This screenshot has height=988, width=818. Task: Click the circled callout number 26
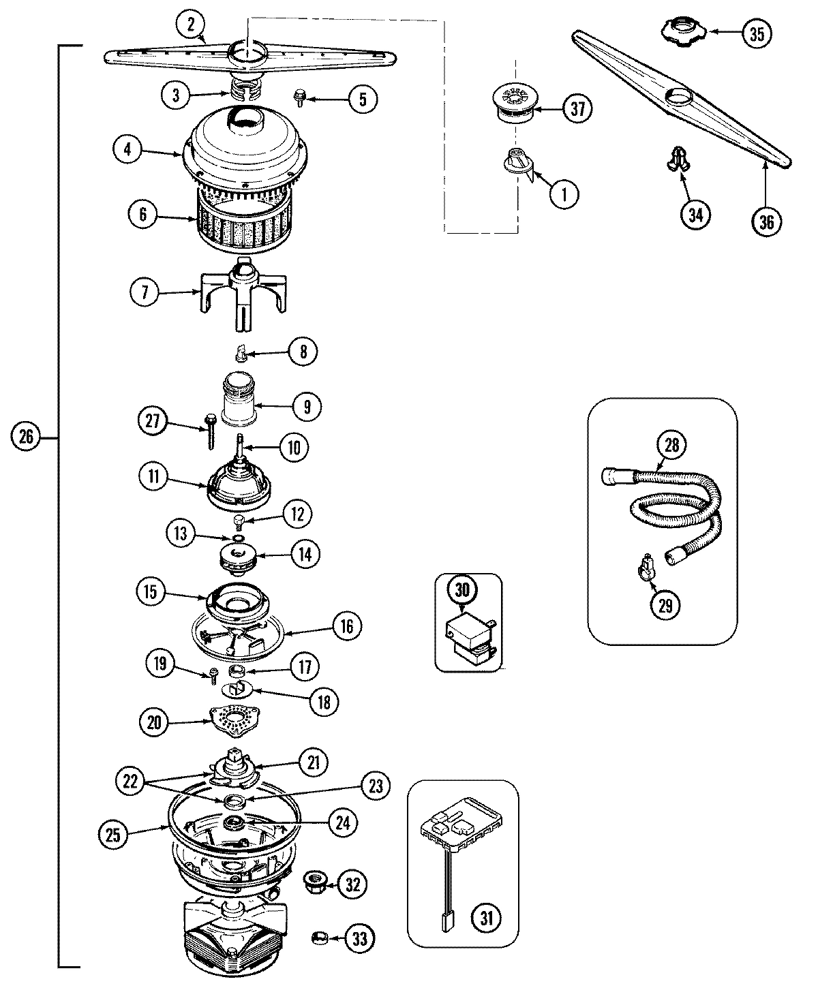pos(26,437)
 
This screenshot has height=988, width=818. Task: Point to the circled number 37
pos(577,110)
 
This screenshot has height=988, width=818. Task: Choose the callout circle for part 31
pos(485,917)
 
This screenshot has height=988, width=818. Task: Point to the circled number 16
pos(347,626)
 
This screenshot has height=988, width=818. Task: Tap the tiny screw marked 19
pos(213,675)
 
